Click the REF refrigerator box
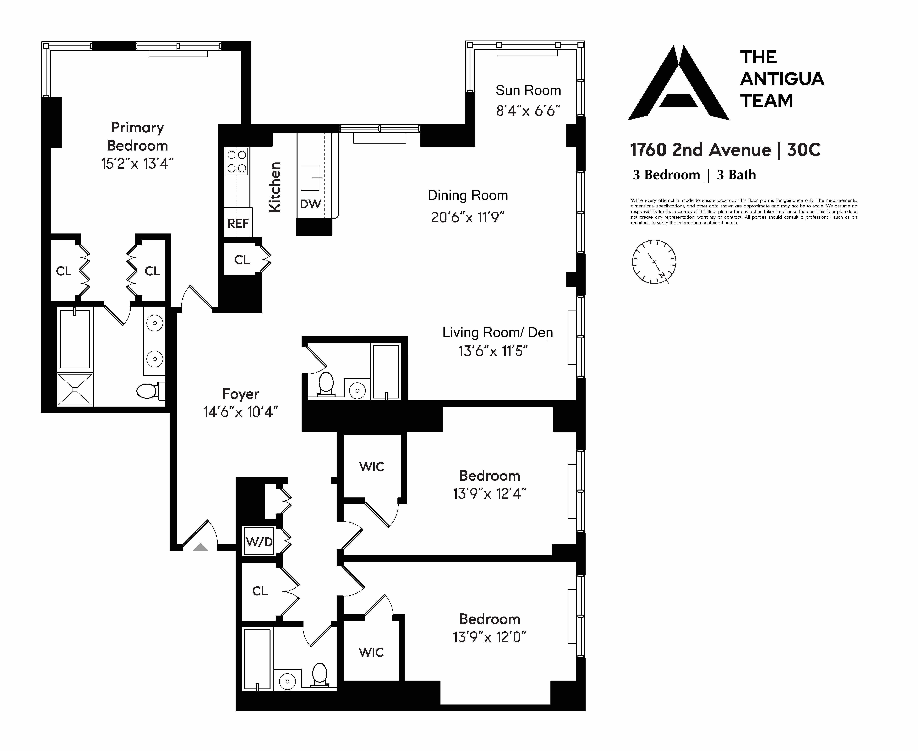pyautogui.click(x=238, y=223)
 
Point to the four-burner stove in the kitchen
pyautogui.click(x=237, y=161)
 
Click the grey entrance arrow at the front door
pyautogui.click(x=200, y=547)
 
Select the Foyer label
pyautogui.click(x=241, y=394)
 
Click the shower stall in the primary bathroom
pyautogui.click(x=75, y=389)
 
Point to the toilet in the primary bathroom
pyautogui.click(x=148, y=391)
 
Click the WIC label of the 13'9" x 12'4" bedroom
pyautogui.click(x=371, y=467)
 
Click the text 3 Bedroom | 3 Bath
pyautogui.click(x=694, y=175)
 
